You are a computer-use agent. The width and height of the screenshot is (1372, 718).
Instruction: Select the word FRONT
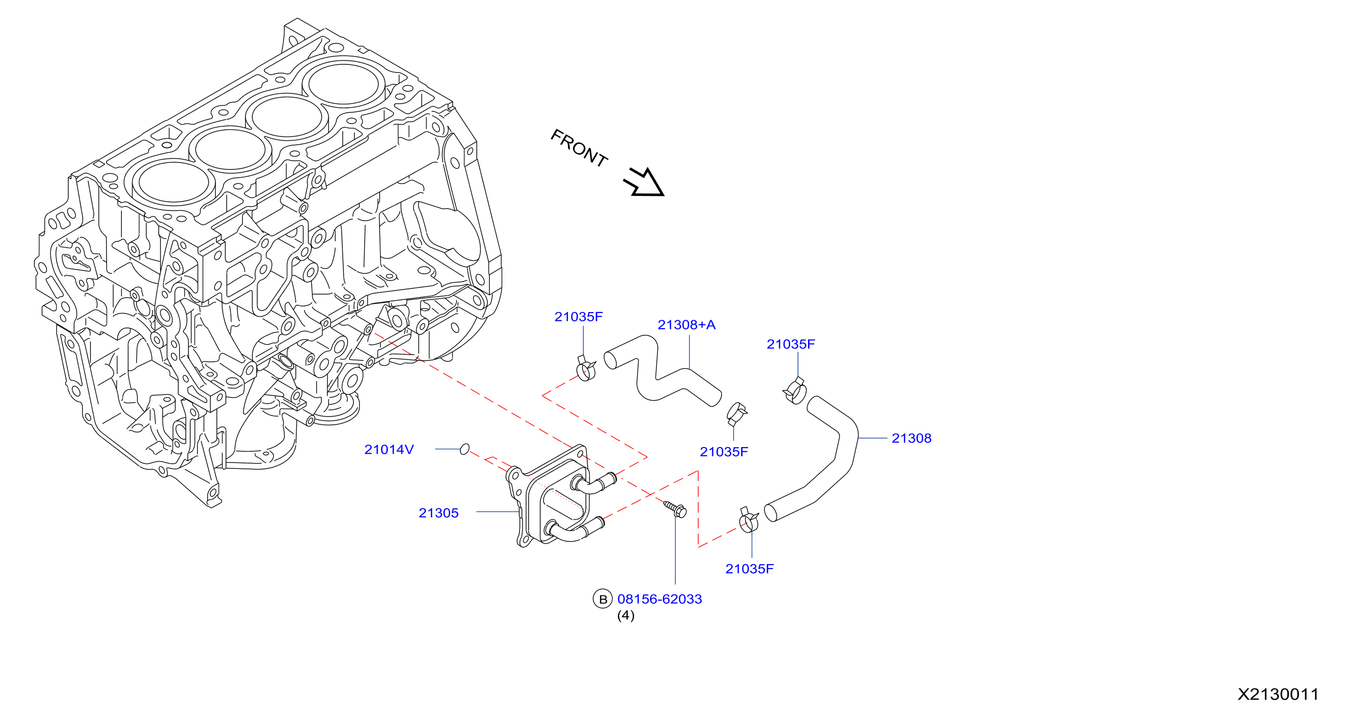click(579, 148)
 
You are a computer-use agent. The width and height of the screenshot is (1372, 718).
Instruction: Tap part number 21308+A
click(686, 325)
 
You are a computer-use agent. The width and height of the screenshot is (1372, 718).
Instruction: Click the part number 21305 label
click(438, 513)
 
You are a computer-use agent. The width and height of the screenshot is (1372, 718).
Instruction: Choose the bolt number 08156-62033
click(659, 599)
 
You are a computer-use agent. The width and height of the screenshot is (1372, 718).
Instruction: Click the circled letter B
click(602, 599)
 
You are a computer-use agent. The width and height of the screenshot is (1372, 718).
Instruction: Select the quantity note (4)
click(626, 616)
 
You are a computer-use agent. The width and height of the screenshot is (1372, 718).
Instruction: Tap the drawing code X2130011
click(1278, 694)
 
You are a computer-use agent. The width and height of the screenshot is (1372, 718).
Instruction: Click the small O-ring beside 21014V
click(464, 449)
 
